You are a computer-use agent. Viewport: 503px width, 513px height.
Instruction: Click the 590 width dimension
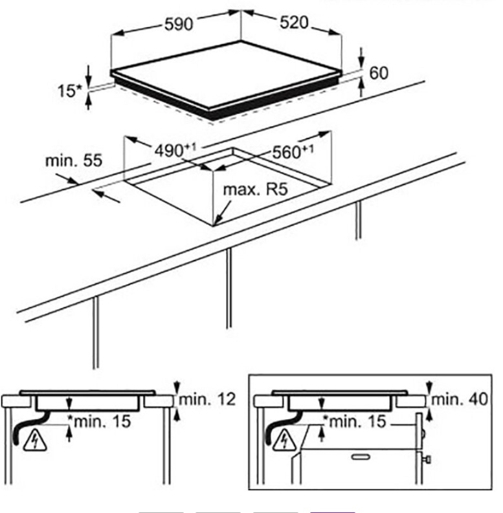point(178,25)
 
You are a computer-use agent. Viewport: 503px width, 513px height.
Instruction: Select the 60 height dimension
point(379,73)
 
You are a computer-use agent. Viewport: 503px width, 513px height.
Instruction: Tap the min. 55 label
point(73,160)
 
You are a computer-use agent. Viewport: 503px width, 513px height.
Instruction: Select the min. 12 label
point(207,399)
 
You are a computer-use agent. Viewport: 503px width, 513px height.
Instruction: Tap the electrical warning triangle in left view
point(31,442)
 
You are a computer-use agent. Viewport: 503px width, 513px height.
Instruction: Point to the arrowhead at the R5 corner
point(218,221)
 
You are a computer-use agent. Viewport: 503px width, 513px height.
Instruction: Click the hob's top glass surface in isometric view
point(233,71)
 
